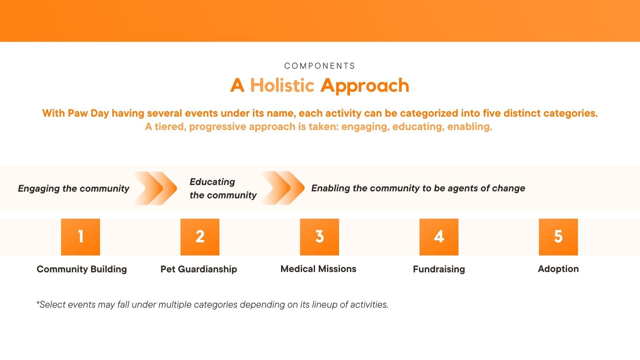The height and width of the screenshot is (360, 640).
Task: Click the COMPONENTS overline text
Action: click(320, 66)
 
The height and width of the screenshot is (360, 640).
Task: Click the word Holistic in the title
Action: click(282, 85)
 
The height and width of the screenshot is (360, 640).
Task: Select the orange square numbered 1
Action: click(80, 237)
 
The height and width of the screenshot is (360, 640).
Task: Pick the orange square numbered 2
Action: click(200, 237)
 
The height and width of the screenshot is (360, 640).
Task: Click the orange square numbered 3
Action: click(319, 237)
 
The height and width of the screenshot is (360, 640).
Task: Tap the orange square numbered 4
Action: click(439, 237)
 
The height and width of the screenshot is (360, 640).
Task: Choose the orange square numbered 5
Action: click(558, 237)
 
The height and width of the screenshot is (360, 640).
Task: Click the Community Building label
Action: click(82, 269)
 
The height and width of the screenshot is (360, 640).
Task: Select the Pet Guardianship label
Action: click(199, 269)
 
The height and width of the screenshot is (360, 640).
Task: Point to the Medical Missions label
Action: click(318, 269)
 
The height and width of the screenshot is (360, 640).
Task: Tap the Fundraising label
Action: click(439, 269)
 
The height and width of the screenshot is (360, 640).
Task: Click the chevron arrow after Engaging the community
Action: click(156, 188)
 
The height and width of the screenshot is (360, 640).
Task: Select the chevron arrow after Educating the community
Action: click(283, 188)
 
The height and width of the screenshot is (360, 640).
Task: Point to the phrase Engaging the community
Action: click(74, 189)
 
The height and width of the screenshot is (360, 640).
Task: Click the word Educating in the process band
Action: click(212, 182)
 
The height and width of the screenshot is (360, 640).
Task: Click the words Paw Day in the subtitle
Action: click(88, 113)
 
